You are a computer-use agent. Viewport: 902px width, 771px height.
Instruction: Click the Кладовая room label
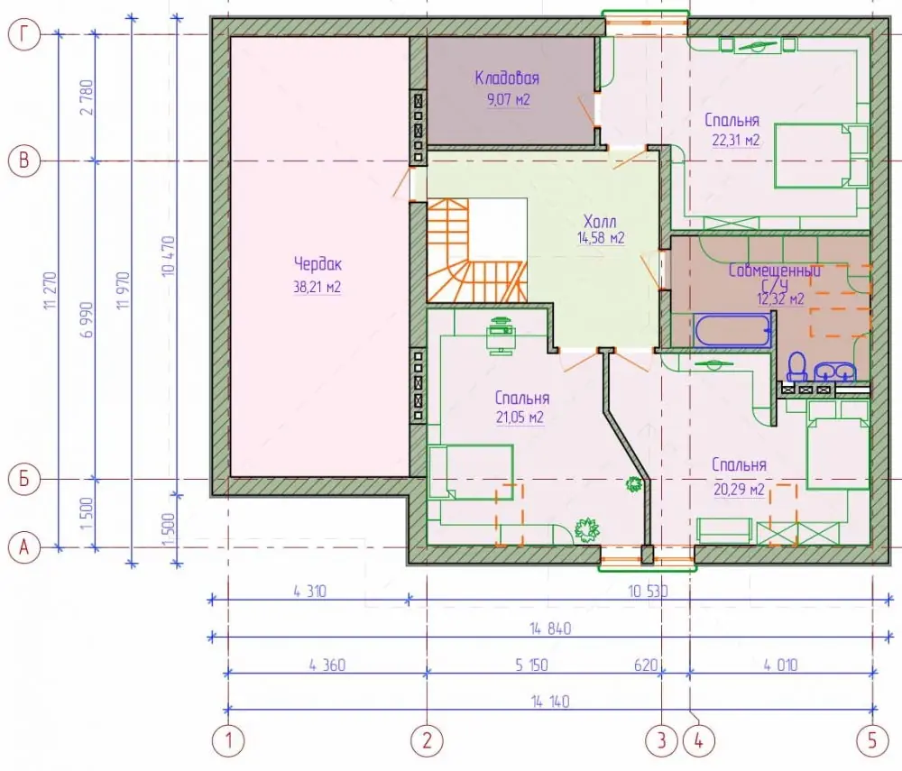tap(507, 78)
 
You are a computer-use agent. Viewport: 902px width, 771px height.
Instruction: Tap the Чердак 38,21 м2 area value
tap(317, 287)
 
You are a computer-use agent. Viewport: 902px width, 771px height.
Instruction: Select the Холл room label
tap(600, 221)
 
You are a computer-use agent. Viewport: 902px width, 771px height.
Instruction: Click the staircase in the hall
tap(476, 250)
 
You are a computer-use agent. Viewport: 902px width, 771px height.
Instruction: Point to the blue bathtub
tap(732, 331)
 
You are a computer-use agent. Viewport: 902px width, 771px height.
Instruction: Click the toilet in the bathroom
tap(797, 366)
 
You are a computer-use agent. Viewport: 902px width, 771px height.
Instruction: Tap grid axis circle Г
tap(24, 34)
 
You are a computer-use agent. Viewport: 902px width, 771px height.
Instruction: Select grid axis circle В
tap(24, 161)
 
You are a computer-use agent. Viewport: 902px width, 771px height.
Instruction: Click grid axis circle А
tap(24, 547)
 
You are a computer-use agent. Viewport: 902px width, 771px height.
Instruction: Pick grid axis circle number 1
tap(229, 740)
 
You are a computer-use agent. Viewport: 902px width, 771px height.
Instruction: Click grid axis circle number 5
tap(872, 740)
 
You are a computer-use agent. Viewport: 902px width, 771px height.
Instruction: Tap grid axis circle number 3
tap(661, 740)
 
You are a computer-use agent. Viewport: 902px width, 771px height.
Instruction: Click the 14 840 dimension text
tap(550, 629)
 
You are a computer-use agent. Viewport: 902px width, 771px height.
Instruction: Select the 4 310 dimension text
tap(310, 591)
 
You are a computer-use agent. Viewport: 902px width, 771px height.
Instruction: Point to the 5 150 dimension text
tap(531, 665)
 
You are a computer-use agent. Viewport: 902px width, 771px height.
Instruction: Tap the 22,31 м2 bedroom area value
tap(736, 140)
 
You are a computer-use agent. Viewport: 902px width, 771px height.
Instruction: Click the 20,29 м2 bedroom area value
tap(740, 490)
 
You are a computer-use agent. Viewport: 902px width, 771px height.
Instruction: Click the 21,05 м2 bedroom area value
tap(520, 418)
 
